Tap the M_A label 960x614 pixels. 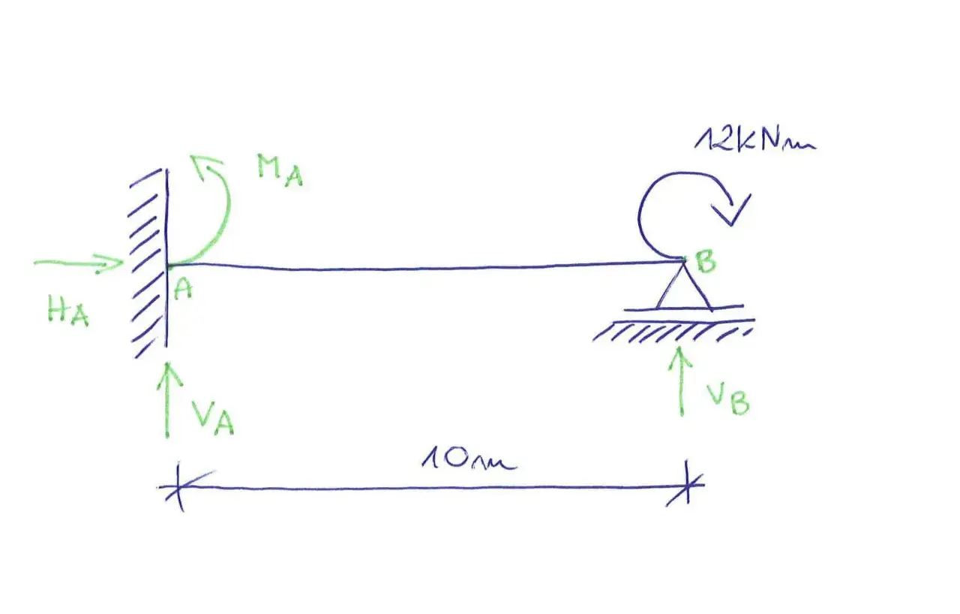[280, 170]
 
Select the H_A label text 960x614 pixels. [68, 311]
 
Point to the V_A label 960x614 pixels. [213, 418]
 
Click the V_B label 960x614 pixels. [728, 399]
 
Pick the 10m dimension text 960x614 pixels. [469, 460]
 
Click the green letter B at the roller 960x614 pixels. [706, 261]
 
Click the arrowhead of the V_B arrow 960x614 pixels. [679, 357]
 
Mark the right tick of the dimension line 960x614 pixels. [686, 484]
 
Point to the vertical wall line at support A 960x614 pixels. [166, 257]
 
